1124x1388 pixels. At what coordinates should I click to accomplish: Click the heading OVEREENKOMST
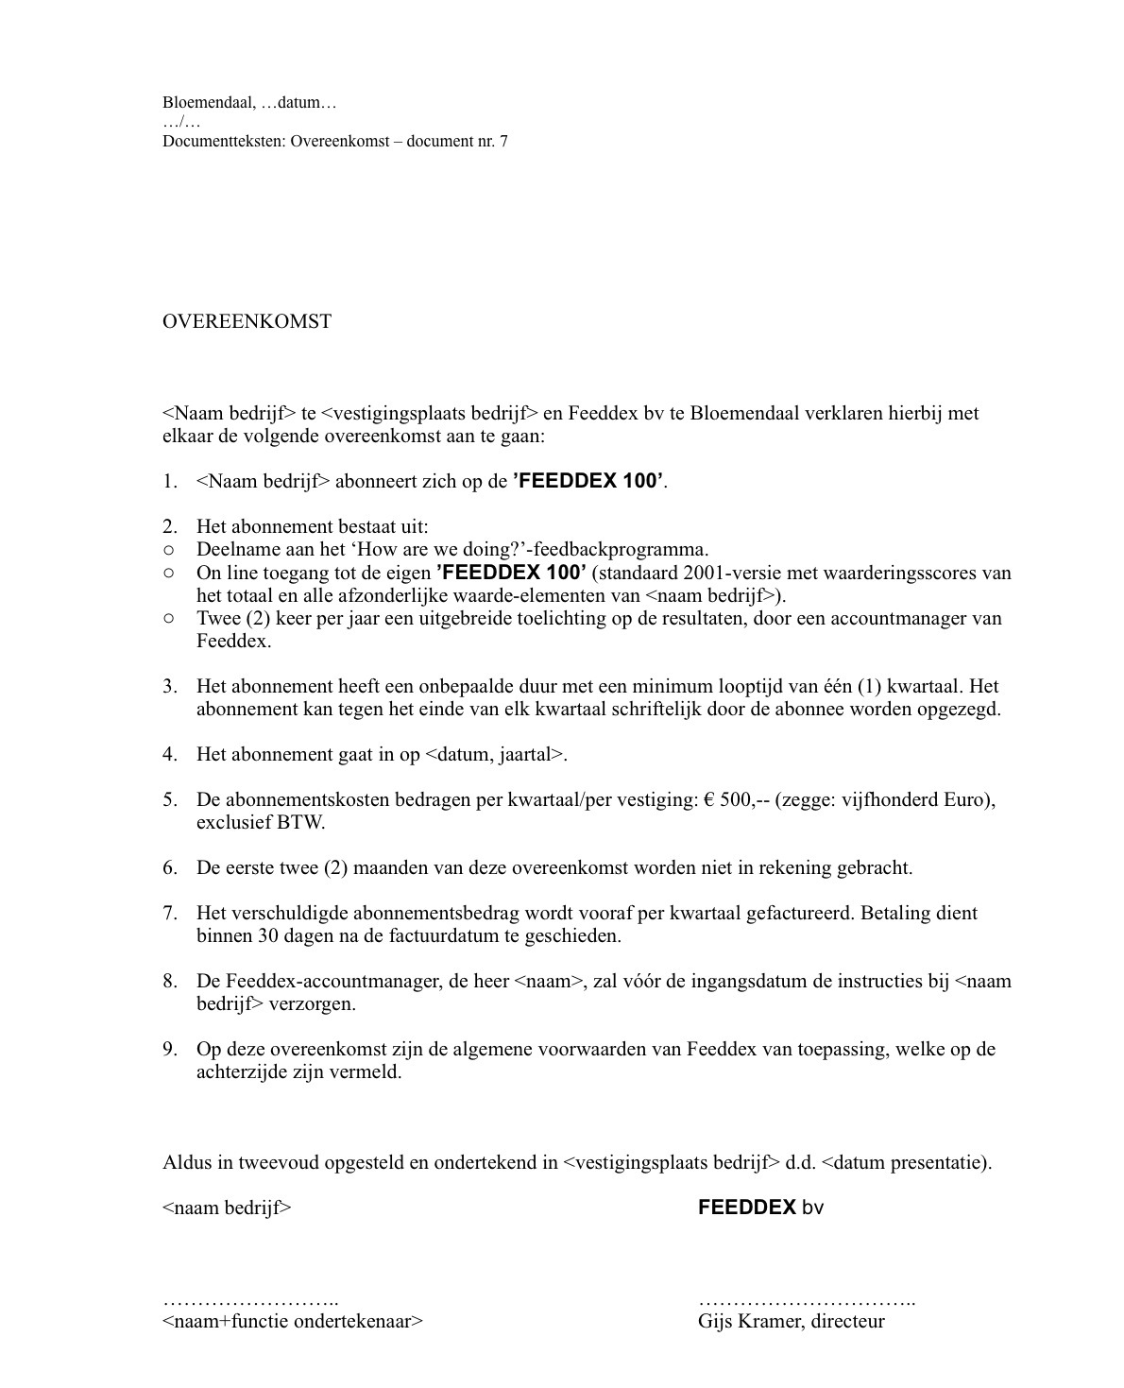(247, 321)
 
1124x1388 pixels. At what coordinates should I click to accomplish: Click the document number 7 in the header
(502, 142)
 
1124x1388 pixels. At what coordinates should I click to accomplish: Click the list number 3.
(169, 686)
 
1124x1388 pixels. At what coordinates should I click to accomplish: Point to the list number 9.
(169, 1049)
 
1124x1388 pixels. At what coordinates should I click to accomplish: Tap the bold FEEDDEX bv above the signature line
(760, 1208)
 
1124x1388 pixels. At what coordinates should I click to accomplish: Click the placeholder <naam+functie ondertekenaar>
(293, 1321)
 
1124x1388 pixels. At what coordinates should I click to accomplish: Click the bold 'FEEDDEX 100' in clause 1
(588, 481)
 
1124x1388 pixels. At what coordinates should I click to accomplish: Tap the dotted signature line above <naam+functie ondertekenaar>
(250, 1302)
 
